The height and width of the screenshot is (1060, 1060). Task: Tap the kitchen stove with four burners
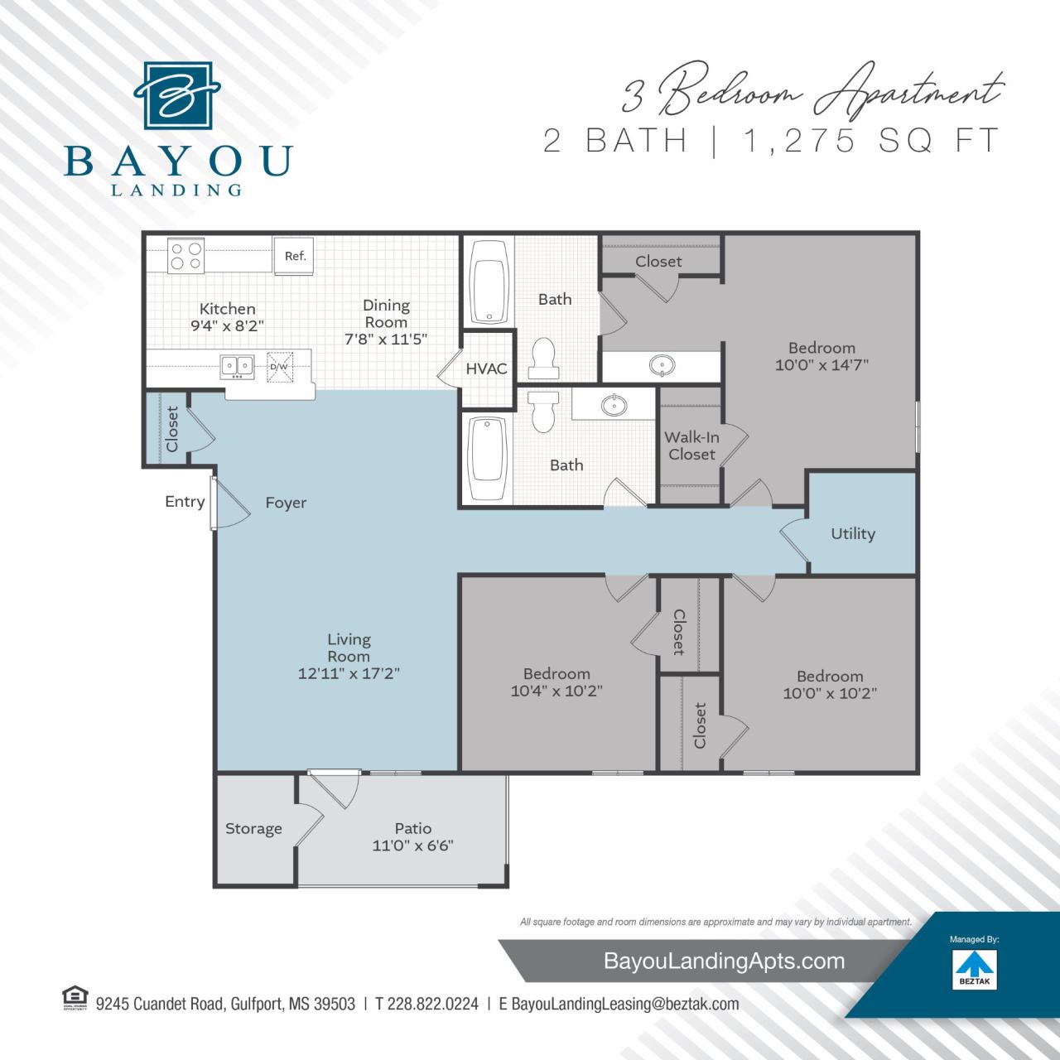point(185,254)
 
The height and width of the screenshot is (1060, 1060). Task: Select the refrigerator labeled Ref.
point(295,256)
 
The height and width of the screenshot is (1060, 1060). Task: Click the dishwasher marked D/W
point(278,366)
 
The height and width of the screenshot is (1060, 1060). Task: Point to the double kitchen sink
point(237,366)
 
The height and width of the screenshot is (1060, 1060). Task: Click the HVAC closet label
point(486,369)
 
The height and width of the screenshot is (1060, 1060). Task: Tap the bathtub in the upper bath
point(488,282)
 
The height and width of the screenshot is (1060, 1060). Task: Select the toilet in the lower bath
point(542,409)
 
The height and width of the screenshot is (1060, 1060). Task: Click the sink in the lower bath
point(614,405)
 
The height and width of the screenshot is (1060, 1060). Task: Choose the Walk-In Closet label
point(691,446)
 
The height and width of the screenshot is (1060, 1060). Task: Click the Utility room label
point(852,533)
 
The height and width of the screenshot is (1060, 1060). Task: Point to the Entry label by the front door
point(185,501)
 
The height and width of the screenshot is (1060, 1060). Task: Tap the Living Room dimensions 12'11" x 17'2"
point(349,673)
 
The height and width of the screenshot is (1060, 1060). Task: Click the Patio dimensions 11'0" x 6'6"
point(412,846)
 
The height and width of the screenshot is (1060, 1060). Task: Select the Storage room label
point(253,828)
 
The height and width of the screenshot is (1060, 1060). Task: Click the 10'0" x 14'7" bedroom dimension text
point(821,364)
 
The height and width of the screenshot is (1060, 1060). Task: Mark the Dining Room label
point(386,314)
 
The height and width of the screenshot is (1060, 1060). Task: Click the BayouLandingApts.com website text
point(725,961)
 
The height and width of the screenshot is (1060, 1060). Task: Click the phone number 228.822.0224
point(426,1004)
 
